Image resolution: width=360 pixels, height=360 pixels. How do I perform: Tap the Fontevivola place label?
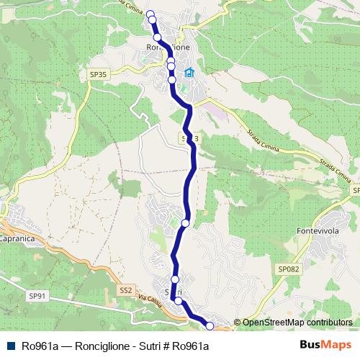pyautogui.click(x=318, y=231)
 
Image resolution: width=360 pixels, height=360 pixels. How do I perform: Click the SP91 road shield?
pyautogui.click(x=37, y=295)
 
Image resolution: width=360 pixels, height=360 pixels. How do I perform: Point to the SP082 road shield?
pyautogui.click(x=287, y=268)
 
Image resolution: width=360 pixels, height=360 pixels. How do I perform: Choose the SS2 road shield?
pyautogui.click(x=126, y=291)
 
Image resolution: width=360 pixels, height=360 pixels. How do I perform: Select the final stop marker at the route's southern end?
pyautogui.click(x=210, y=326)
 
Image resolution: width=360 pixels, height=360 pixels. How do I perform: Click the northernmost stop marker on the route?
pyautogui.click(x=150, y=14)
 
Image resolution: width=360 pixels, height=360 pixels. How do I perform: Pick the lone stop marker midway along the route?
pyautogui.click(x=185, y=223)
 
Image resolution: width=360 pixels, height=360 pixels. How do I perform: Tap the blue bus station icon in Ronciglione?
pyautogui.click(x=189, y=73)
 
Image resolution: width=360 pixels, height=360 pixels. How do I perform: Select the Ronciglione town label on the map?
pyautogui.click(x=166, y=48)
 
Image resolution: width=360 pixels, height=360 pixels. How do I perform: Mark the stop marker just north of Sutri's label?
pyautogui.click(x=174, y=279)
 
